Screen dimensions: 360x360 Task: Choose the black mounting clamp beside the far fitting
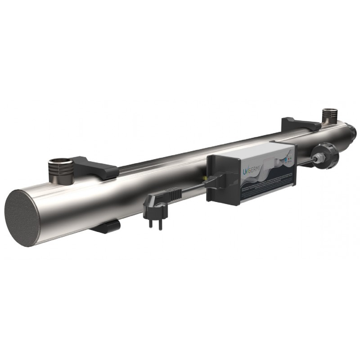point(295,124)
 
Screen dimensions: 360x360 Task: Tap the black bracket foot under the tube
point(104,226)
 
